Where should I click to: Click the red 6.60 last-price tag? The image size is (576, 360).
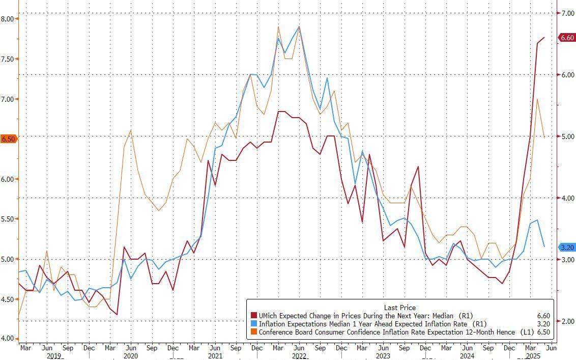click(x=567, y=38)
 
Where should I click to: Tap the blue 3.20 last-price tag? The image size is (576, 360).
click(x=567, y=247)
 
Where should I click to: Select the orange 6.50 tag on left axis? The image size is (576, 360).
click(x=9, y=139)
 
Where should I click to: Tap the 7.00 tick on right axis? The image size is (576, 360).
click(x=567, y=13)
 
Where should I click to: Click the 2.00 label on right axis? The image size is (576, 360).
click(x=567, y=321)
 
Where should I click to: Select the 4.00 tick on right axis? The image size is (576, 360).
click(x=567, y=198)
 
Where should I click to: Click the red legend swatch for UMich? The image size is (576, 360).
click(x=253, y=316)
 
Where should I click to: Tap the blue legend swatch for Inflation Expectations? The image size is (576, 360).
click(x=253, y=324)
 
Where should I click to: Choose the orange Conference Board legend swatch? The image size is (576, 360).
click(x=253, y=331)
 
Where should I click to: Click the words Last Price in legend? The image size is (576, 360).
click(x=400, y=308)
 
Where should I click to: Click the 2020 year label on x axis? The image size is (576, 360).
click(x=131, y=356)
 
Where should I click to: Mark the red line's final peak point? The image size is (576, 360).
click(x=544, y=38)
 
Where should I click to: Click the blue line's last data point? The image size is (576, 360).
click(x=544, y=246)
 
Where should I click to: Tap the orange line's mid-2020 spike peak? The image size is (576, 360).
click(x=131, y=130)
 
